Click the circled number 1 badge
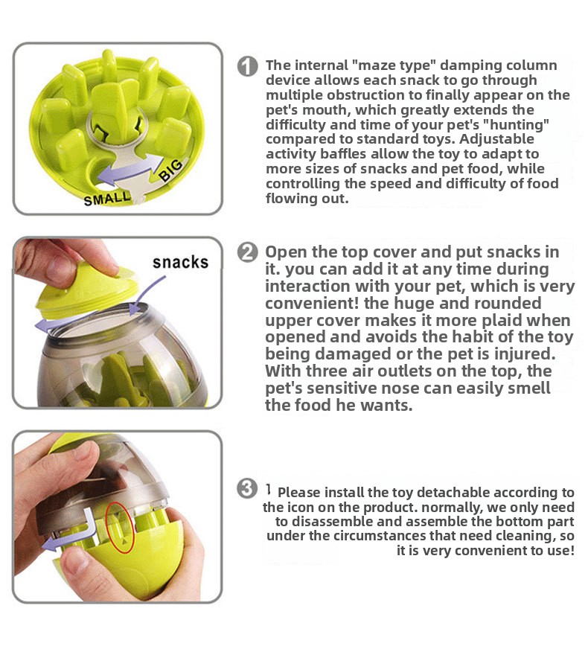pos(247,66)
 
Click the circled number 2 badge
pos(247,252)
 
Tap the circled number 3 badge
pos(247,488)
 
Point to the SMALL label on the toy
pos(107,199)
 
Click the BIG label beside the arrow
pos(171,170)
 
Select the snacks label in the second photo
pos(180,263)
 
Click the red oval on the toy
pos(120,527)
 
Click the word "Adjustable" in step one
pos(496,139)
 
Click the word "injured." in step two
pos(524,354)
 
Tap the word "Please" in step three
pos(298,493)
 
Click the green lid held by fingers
pos(85,290)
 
